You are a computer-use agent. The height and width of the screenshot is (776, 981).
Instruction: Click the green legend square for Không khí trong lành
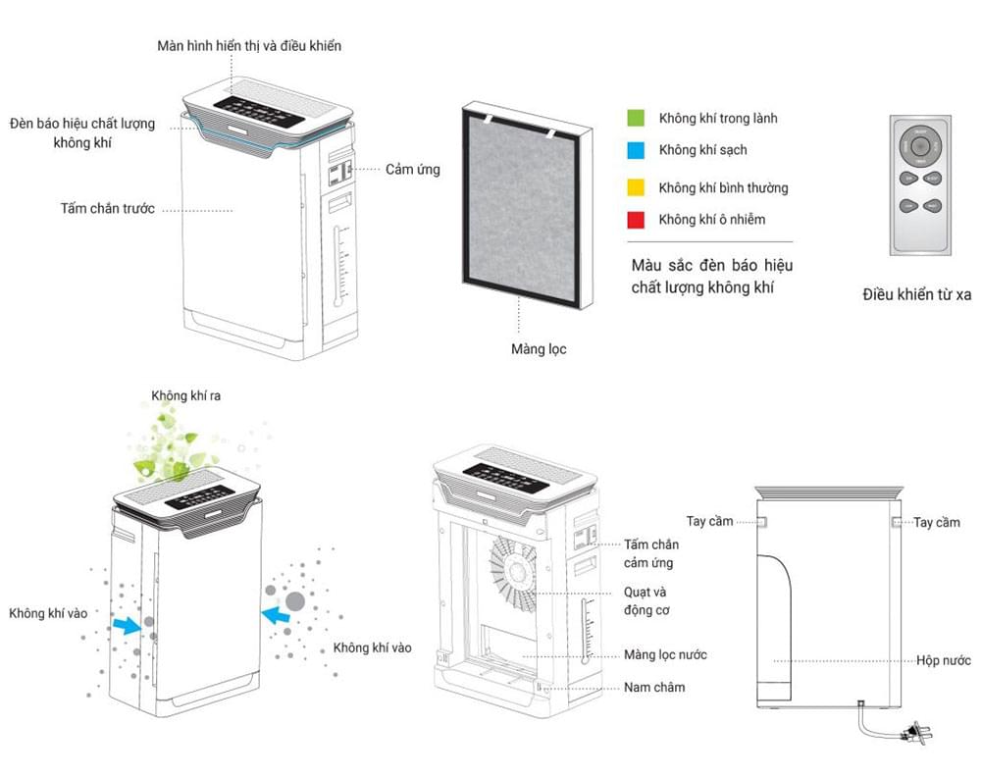coord(636,118)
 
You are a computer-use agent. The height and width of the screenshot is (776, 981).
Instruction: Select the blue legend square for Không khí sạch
coord(636,150)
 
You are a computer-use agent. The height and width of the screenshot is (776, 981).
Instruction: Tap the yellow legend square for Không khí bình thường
coord(636,187)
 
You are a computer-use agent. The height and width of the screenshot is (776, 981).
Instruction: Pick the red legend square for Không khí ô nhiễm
coord(636,219)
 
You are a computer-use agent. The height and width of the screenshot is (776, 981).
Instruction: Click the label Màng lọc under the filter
coord(539,349)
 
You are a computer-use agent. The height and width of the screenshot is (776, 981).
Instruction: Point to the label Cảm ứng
coord(412,170)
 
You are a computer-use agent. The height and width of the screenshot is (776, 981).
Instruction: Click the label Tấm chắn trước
coord(107,209)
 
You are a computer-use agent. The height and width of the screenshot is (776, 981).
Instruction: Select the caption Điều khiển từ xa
coord(917,293)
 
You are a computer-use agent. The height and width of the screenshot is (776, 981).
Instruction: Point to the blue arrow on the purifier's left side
coord(126,624)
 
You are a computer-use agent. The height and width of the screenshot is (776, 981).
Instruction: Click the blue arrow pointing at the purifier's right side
coord(278,615)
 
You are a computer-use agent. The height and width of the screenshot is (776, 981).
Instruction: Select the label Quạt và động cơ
coord(646,601)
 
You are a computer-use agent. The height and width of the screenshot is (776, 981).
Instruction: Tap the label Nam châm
coord(654,687)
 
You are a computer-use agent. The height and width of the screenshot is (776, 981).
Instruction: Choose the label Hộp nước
coord(944,660)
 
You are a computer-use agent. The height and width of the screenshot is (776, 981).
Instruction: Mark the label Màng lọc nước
coord(665,654)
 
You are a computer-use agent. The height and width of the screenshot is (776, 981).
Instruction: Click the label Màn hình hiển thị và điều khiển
coord(249,45)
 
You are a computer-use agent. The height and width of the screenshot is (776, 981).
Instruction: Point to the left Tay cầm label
coord(709,521)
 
